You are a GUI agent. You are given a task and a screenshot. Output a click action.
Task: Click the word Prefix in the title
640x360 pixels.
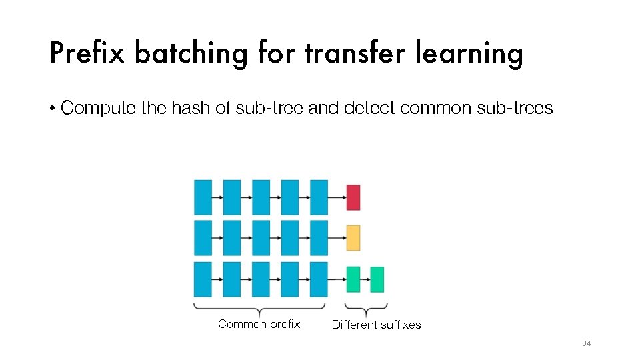87,53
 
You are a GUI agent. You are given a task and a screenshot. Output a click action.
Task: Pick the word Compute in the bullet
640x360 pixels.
98,108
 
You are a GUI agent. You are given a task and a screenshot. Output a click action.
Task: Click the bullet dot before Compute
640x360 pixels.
53,109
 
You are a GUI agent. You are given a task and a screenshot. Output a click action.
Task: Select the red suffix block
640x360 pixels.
353,197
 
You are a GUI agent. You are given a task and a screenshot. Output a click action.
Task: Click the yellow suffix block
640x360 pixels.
353,238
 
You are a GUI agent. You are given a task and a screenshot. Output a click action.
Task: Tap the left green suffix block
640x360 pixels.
353,279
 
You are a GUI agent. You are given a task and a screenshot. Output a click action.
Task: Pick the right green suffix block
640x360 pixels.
377,279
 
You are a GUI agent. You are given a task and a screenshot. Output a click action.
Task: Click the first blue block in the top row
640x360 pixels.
203,197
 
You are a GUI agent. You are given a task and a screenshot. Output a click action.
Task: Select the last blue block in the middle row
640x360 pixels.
319,238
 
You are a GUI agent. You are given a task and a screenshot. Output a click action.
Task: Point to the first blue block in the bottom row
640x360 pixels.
203,279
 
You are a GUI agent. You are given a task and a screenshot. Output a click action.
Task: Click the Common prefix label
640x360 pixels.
259,325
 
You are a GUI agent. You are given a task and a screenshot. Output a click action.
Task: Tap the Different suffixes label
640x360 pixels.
376,325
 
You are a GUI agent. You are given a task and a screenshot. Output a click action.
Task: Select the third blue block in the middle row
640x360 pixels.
261,238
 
